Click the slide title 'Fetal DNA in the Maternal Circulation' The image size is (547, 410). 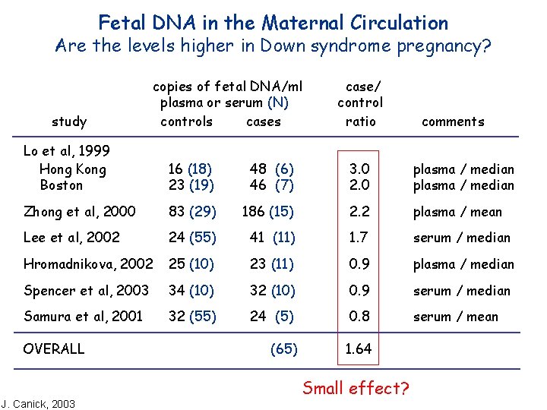coord(273,22)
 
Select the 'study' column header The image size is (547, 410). coord(69,121)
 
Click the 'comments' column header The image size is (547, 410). coord(453,121)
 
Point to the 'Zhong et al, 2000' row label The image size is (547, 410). coord(80,212)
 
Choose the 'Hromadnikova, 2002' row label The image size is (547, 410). coord(88,264)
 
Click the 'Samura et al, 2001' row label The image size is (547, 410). coord(83,317)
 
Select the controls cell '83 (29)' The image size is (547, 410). coord(192,212)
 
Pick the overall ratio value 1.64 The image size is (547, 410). coord(359,349)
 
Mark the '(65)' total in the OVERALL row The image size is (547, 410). coord(283,349)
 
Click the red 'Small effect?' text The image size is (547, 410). coord(356,389)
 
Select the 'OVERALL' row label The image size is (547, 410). coord(54,349)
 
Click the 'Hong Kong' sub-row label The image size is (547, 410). coord(72,169)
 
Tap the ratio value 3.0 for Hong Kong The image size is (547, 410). coord(359,169)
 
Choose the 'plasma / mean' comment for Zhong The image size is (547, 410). coord(457,212)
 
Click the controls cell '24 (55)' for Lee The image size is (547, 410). coord(192,238)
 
